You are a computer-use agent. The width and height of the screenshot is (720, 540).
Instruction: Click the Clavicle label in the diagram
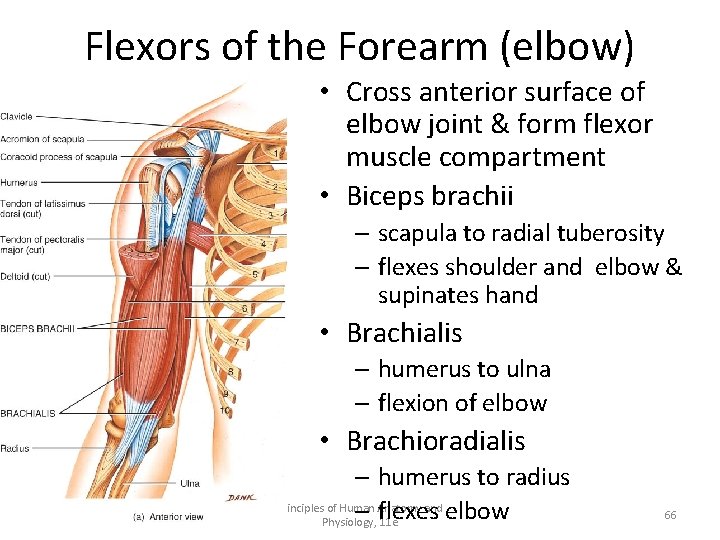[x=16, y=117]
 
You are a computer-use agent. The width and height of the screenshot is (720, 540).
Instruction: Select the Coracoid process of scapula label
[x=59, y=156]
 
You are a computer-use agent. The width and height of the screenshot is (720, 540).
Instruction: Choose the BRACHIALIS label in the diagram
[x=28, y=412]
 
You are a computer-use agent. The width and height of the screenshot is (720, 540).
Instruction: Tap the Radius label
[x=14, y=447]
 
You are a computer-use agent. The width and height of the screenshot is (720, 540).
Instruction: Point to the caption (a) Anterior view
[x=169, y=517]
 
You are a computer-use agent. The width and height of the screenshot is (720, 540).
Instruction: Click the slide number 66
[x=670, y=514]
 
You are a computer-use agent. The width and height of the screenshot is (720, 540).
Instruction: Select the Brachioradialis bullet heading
[x=435, y=441]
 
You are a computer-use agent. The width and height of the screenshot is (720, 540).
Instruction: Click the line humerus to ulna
[x=464, y=369]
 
